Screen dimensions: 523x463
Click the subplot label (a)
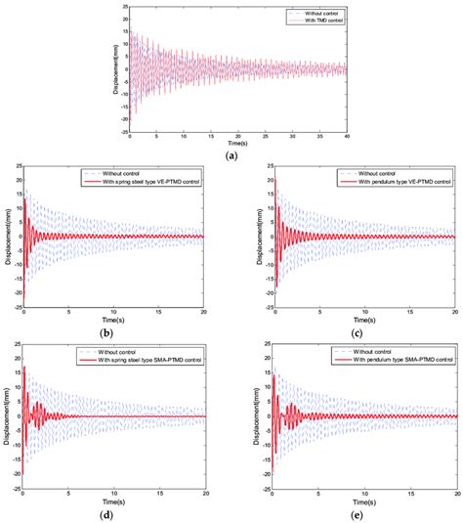point(231,156)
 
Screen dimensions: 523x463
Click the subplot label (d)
point(115,509)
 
